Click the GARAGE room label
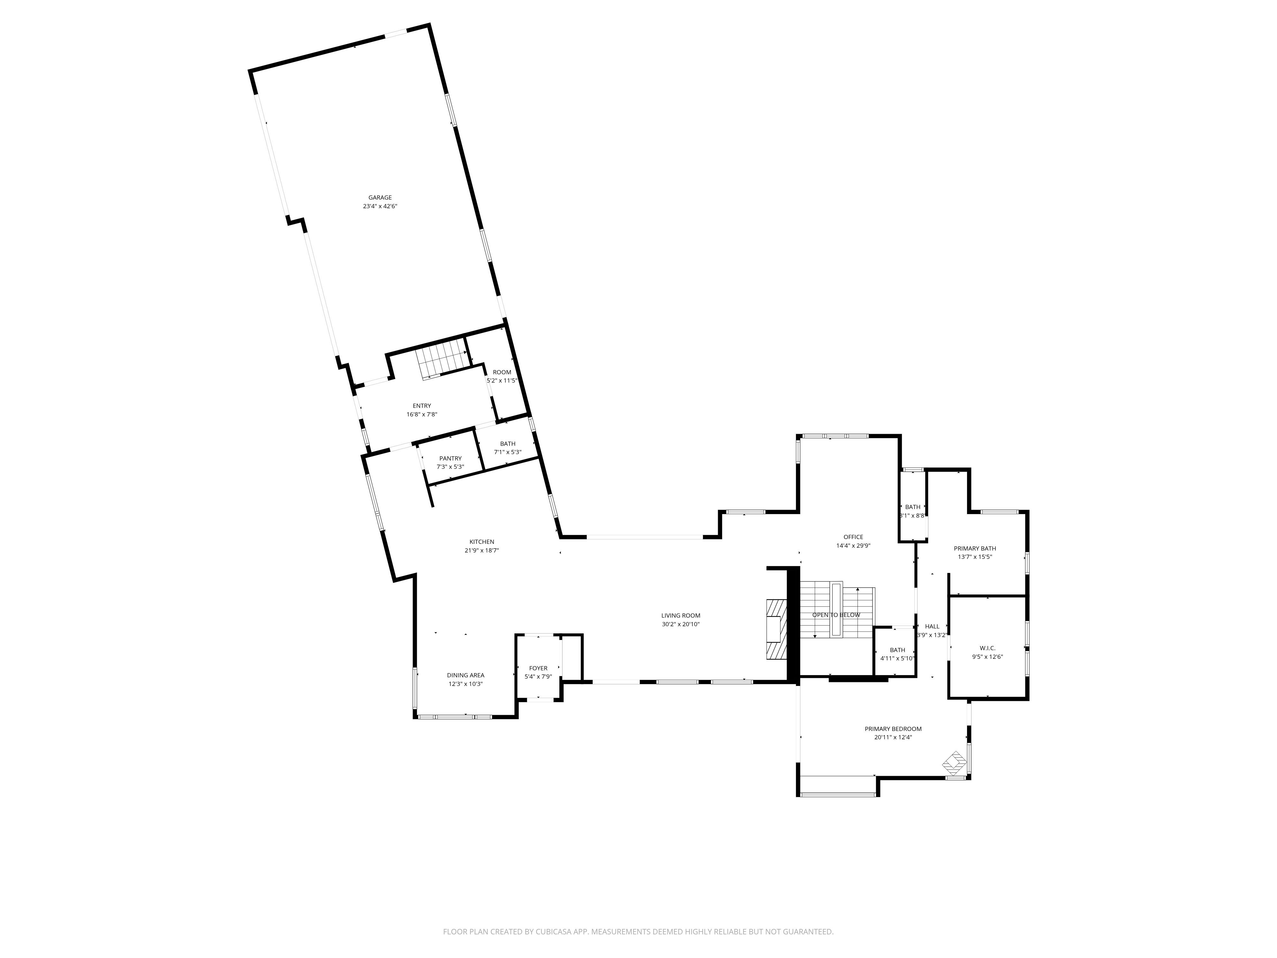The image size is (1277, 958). coord(380,197)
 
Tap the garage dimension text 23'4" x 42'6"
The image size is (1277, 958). coord(380,206)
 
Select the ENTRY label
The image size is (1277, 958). coord(421,406)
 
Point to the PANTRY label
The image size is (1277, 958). coord(450,459)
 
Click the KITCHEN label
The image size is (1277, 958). coord(481,542)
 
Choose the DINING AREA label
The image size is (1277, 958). coord(465,675)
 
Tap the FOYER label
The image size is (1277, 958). coord(538,668)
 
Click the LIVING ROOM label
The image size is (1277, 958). coord(681,616)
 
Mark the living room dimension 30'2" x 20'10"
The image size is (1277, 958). coord(681,624)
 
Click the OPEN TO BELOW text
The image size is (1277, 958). coord(836,615)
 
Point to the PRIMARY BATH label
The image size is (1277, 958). coord(974,549)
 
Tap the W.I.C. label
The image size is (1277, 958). coord(987,648)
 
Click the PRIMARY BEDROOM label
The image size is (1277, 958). coord(893,729)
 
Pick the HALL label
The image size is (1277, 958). coord(932,627)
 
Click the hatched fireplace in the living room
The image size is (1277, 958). coord(775,629)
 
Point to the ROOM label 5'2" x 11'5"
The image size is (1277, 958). coord(502,372)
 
